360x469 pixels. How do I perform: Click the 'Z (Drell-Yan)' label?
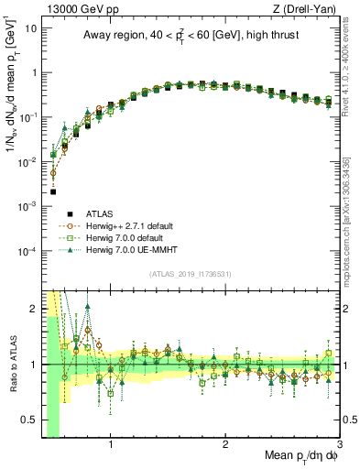tap(308, 8)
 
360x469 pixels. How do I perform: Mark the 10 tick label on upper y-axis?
tap(29, 28)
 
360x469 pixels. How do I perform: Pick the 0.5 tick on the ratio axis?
tap(31, 421)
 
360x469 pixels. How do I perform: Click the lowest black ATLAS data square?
tap(53, 192)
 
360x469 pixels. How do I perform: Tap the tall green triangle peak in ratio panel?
tap(87, 307)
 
